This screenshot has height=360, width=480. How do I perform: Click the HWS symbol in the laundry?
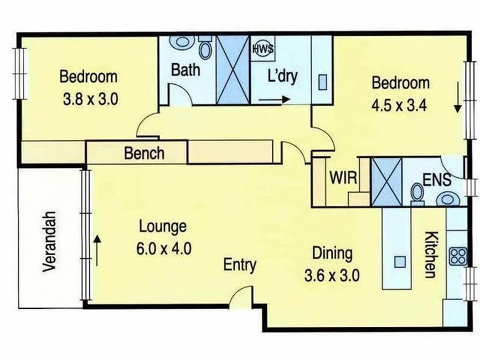263,48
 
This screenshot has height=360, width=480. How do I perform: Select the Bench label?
144,153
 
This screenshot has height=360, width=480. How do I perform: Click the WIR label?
343,179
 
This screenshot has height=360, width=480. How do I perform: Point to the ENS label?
437,180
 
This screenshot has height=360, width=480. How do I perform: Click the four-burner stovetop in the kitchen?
458,256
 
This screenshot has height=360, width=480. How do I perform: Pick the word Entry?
240,265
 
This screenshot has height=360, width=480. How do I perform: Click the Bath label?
185,70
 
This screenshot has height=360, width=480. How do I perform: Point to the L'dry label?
282,76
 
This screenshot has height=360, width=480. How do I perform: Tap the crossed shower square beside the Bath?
233,69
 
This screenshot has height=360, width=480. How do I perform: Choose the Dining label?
332,253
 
